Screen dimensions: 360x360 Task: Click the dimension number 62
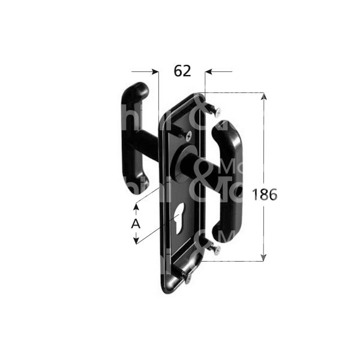182,71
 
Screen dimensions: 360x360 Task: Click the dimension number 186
265,194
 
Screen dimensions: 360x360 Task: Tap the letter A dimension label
136,223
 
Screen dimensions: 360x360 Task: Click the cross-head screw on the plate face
190,137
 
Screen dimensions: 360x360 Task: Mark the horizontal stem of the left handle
147,143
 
